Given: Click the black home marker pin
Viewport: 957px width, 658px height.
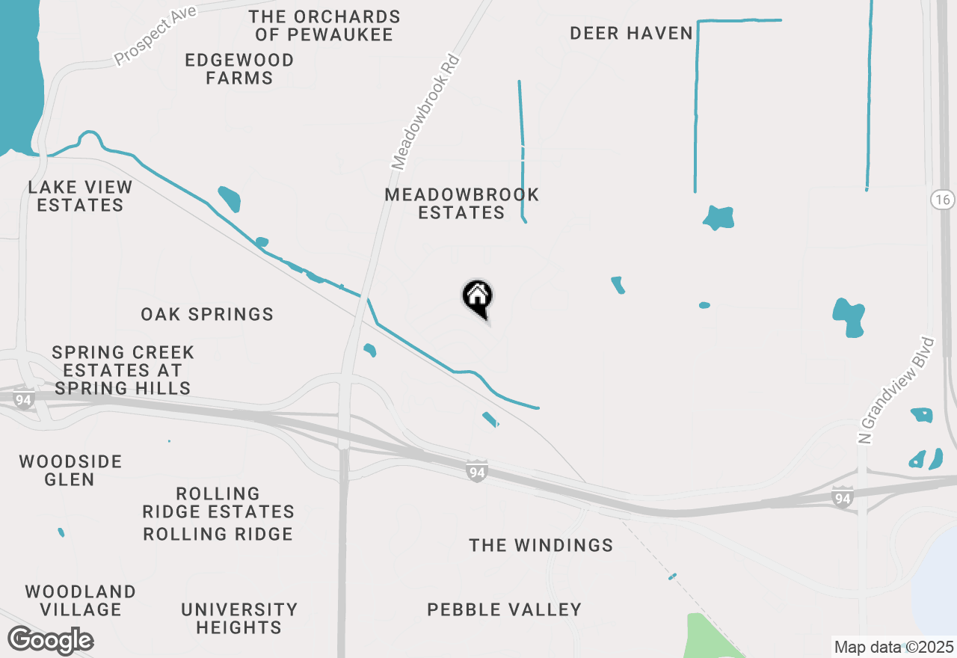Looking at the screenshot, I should (477, 298).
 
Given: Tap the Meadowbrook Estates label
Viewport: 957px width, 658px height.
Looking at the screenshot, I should (461, 203).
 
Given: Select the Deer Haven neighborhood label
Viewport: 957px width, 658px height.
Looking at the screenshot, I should (631, 34).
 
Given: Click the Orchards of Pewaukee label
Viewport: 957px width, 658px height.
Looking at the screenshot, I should (324, 25).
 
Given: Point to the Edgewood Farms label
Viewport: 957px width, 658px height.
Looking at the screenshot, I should (239, 69).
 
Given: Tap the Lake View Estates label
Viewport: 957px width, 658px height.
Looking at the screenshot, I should (80, 196).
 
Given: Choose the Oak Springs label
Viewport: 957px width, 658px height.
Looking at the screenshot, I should (207, 314).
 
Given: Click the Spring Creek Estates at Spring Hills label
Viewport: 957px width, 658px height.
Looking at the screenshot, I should (123, 370).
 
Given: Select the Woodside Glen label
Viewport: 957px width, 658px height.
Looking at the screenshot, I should (70, 470).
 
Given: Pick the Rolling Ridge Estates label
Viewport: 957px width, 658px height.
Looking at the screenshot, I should (218, 503).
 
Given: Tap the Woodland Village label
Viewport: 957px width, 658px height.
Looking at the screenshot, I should (81, 600).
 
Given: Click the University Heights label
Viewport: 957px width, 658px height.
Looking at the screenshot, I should (239, 618).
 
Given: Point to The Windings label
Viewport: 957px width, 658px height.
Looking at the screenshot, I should (541, 546).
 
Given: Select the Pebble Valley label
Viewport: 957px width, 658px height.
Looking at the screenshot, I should (504, 609).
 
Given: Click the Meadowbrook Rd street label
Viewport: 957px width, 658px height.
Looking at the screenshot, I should (425, 112).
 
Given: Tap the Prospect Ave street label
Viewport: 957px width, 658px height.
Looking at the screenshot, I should (156, 35).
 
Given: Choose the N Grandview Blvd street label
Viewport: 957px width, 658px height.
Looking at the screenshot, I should (896, 390).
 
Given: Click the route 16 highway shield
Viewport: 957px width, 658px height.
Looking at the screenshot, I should (942, 200).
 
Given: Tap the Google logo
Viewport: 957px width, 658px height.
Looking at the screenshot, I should (50, 641).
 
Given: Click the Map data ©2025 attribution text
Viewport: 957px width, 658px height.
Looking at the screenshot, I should (893, 647).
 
